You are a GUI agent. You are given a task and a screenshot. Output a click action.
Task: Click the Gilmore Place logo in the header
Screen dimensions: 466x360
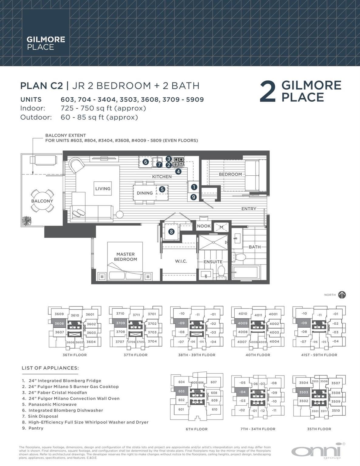(46, 43)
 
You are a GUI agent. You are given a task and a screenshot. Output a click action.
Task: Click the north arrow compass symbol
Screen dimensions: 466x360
(342, 295)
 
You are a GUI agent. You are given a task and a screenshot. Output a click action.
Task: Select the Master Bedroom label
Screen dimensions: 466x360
(125, 257)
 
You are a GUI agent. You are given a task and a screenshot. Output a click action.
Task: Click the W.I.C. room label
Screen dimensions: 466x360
(181, 261)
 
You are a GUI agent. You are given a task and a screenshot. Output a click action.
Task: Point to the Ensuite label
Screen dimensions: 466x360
(213, 262)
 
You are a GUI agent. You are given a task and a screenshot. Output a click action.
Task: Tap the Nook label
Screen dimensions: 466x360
(204, 226)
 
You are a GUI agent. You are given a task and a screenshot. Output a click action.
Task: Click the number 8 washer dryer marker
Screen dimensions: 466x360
(172, 232)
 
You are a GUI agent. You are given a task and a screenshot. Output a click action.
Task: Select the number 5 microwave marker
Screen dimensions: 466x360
(162, 189)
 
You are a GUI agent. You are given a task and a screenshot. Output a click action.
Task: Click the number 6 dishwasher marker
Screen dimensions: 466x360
(145, 162)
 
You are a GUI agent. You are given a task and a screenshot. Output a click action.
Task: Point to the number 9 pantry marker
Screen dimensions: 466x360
(194, 197)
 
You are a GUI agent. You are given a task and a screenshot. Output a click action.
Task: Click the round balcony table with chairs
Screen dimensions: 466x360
(42, 201)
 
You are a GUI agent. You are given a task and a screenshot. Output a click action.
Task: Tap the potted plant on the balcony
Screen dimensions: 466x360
(26, 221)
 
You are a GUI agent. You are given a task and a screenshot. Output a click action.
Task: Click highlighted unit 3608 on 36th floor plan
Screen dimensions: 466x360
(59, 323)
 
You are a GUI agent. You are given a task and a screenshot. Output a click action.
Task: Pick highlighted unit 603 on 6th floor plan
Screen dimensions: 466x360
(181, 391)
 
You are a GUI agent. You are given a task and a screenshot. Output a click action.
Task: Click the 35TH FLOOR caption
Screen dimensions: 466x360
(319, 429)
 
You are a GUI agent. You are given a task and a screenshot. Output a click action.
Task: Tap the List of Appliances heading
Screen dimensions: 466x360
(50, 368)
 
